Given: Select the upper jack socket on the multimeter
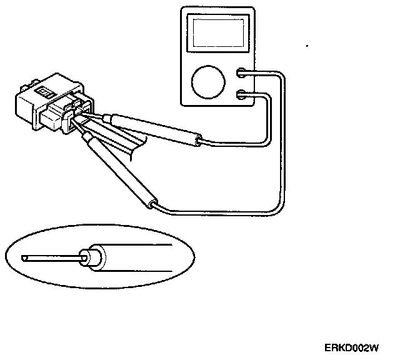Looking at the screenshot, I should (242, 74).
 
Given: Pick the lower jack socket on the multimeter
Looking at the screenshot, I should (242, 95).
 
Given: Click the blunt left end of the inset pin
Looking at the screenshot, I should (22, 257).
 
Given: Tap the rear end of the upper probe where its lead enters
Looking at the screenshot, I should (199, 141).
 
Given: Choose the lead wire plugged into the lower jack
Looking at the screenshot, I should (267, 125).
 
